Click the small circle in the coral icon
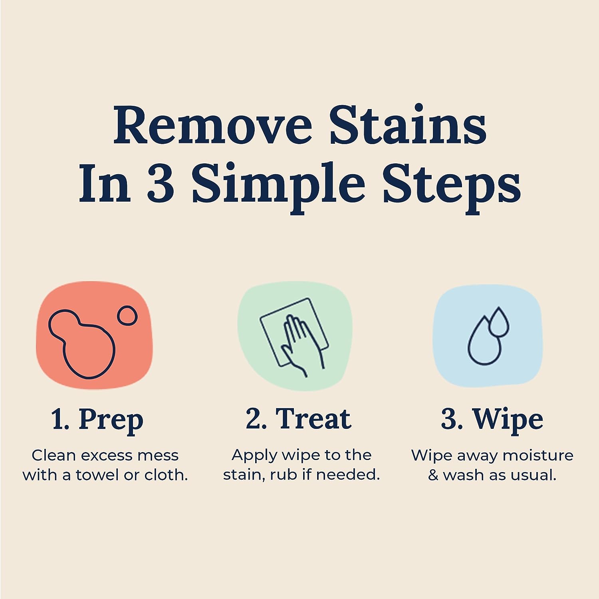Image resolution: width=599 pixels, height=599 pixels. tap(127, 315)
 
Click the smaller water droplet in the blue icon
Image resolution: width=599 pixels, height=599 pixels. tap(499, 322)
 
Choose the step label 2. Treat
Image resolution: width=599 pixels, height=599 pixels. tap(299, 419)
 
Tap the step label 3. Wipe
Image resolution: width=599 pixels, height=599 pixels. tap(492, 419)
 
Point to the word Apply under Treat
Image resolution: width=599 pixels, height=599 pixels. tap(254, 456)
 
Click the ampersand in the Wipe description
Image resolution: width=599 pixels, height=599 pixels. tap(433, 475)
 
